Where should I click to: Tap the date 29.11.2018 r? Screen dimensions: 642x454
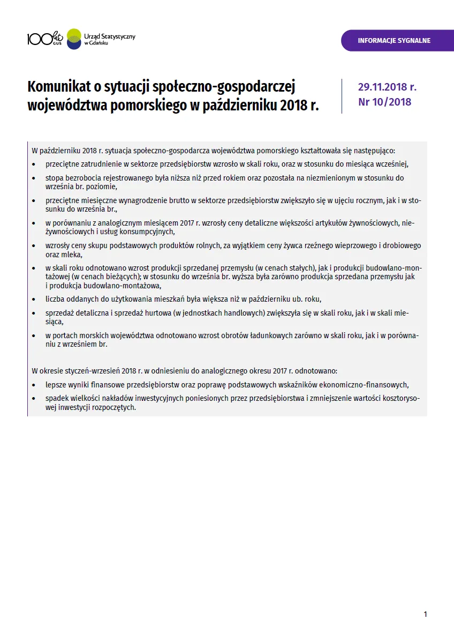387,87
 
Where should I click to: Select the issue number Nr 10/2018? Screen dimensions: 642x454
384,102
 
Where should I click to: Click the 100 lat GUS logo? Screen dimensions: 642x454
45,38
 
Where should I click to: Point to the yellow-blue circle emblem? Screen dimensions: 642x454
73,38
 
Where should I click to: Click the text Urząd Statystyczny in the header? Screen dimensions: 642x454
110,36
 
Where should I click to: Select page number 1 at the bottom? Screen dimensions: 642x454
425,614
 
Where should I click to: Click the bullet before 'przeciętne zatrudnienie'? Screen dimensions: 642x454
34,165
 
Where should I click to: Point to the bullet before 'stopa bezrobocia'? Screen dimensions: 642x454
34,178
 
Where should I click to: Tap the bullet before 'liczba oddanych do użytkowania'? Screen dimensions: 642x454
34,300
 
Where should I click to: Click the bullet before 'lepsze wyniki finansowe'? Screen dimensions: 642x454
34,385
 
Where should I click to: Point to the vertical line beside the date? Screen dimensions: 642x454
342,96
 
